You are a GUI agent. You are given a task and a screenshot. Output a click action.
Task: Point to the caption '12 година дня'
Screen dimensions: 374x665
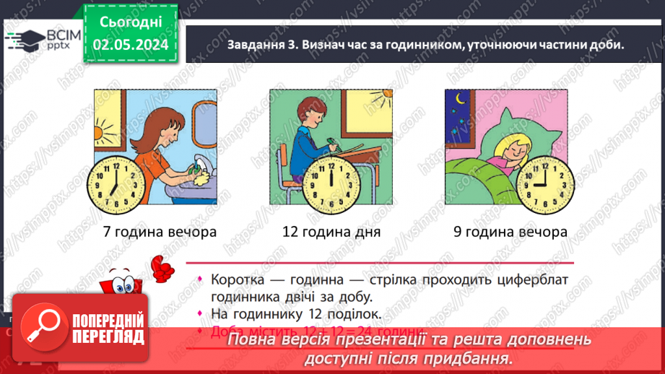point(331,232)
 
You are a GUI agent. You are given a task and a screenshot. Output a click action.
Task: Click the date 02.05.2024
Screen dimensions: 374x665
point(131,45)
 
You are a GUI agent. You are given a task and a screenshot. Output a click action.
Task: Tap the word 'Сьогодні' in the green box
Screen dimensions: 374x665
point(130,22)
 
